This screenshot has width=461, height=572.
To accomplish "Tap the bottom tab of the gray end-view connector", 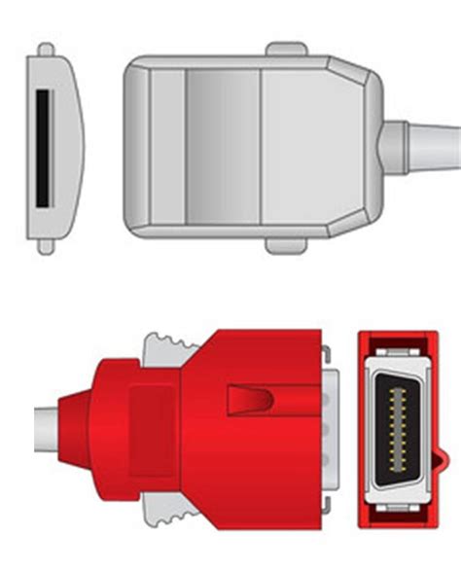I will [46, 246].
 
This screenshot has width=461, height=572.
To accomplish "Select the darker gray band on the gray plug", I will [223, 147].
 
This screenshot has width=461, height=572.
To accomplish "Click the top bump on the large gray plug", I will [289, 47].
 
